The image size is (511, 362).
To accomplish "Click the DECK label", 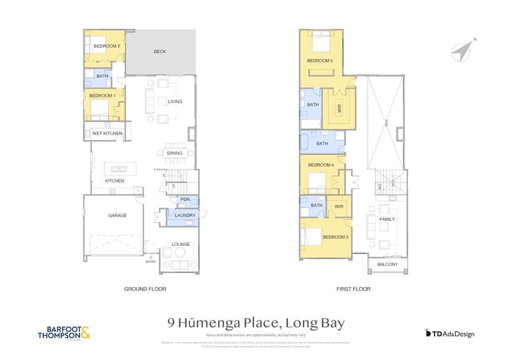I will tap(160, 52).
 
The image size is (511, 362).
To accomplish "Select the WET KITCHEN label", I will tap(107, 134).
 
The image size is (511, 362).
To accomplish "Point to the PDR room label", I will tap(185, 200).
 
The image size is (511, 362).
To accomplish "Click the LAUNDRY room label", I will tap(185, 216).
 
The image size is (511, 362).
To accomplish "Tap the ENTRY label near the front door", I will tap(151, 262).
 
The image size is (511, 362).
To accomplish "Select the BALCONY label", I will tap(387, 265).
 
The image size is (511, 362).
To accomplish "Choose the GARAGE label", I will tap(117, 216).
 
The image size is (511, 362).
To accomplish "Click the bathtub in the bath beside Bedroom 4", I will tap(304, 143).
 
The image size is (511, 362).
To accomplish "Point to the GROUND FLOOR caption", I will tap(145, 289).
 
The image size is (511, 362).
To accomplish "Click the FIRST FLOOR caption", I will tap(353, 289).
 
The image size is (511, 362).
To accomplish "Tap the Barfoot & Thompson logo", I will tap(64, 333).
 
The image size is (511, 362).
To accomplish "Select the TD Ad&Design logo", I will tap(450, 334).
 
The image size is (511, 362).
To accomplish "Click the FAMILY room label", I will tap(387, 219).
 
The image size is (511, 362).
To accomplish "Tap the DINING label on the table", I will tap(175, 153).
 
